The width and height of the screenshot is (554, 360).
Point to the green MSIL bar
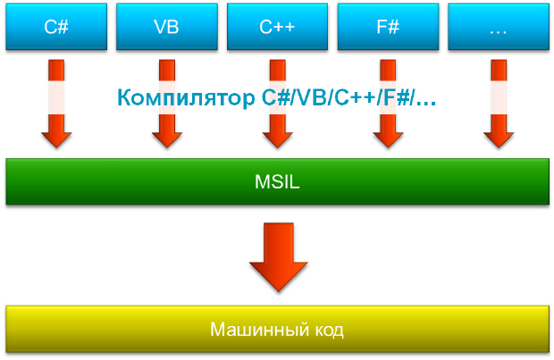click(277, 182)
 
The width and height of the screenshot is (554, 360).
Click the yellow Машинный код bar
click(277, 330)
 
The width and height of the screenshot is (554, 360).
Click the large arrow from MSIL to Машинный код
click(277, 254)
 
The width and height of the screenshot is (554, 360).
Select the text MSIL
click(277, 182)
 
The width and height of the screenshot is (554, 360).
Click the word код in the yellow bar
click(325, 330)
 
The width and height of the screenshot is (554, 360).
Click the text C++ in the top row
click(277, 26)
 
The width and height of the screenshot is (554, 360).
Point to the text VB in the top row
click(166, 26)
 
